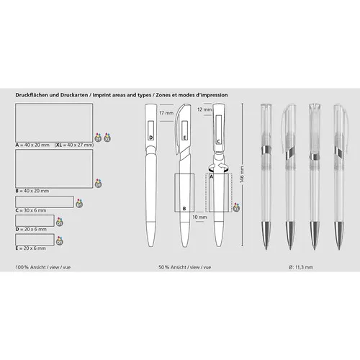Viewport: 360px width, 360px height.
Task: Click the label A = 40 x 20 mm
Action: click(x=33, y=145)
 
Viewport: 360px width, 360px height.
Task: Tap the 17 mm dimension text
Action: click(x=166, y=113)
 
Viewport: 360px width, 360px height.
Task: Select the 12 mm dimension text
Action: click(x=204, y=110)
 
